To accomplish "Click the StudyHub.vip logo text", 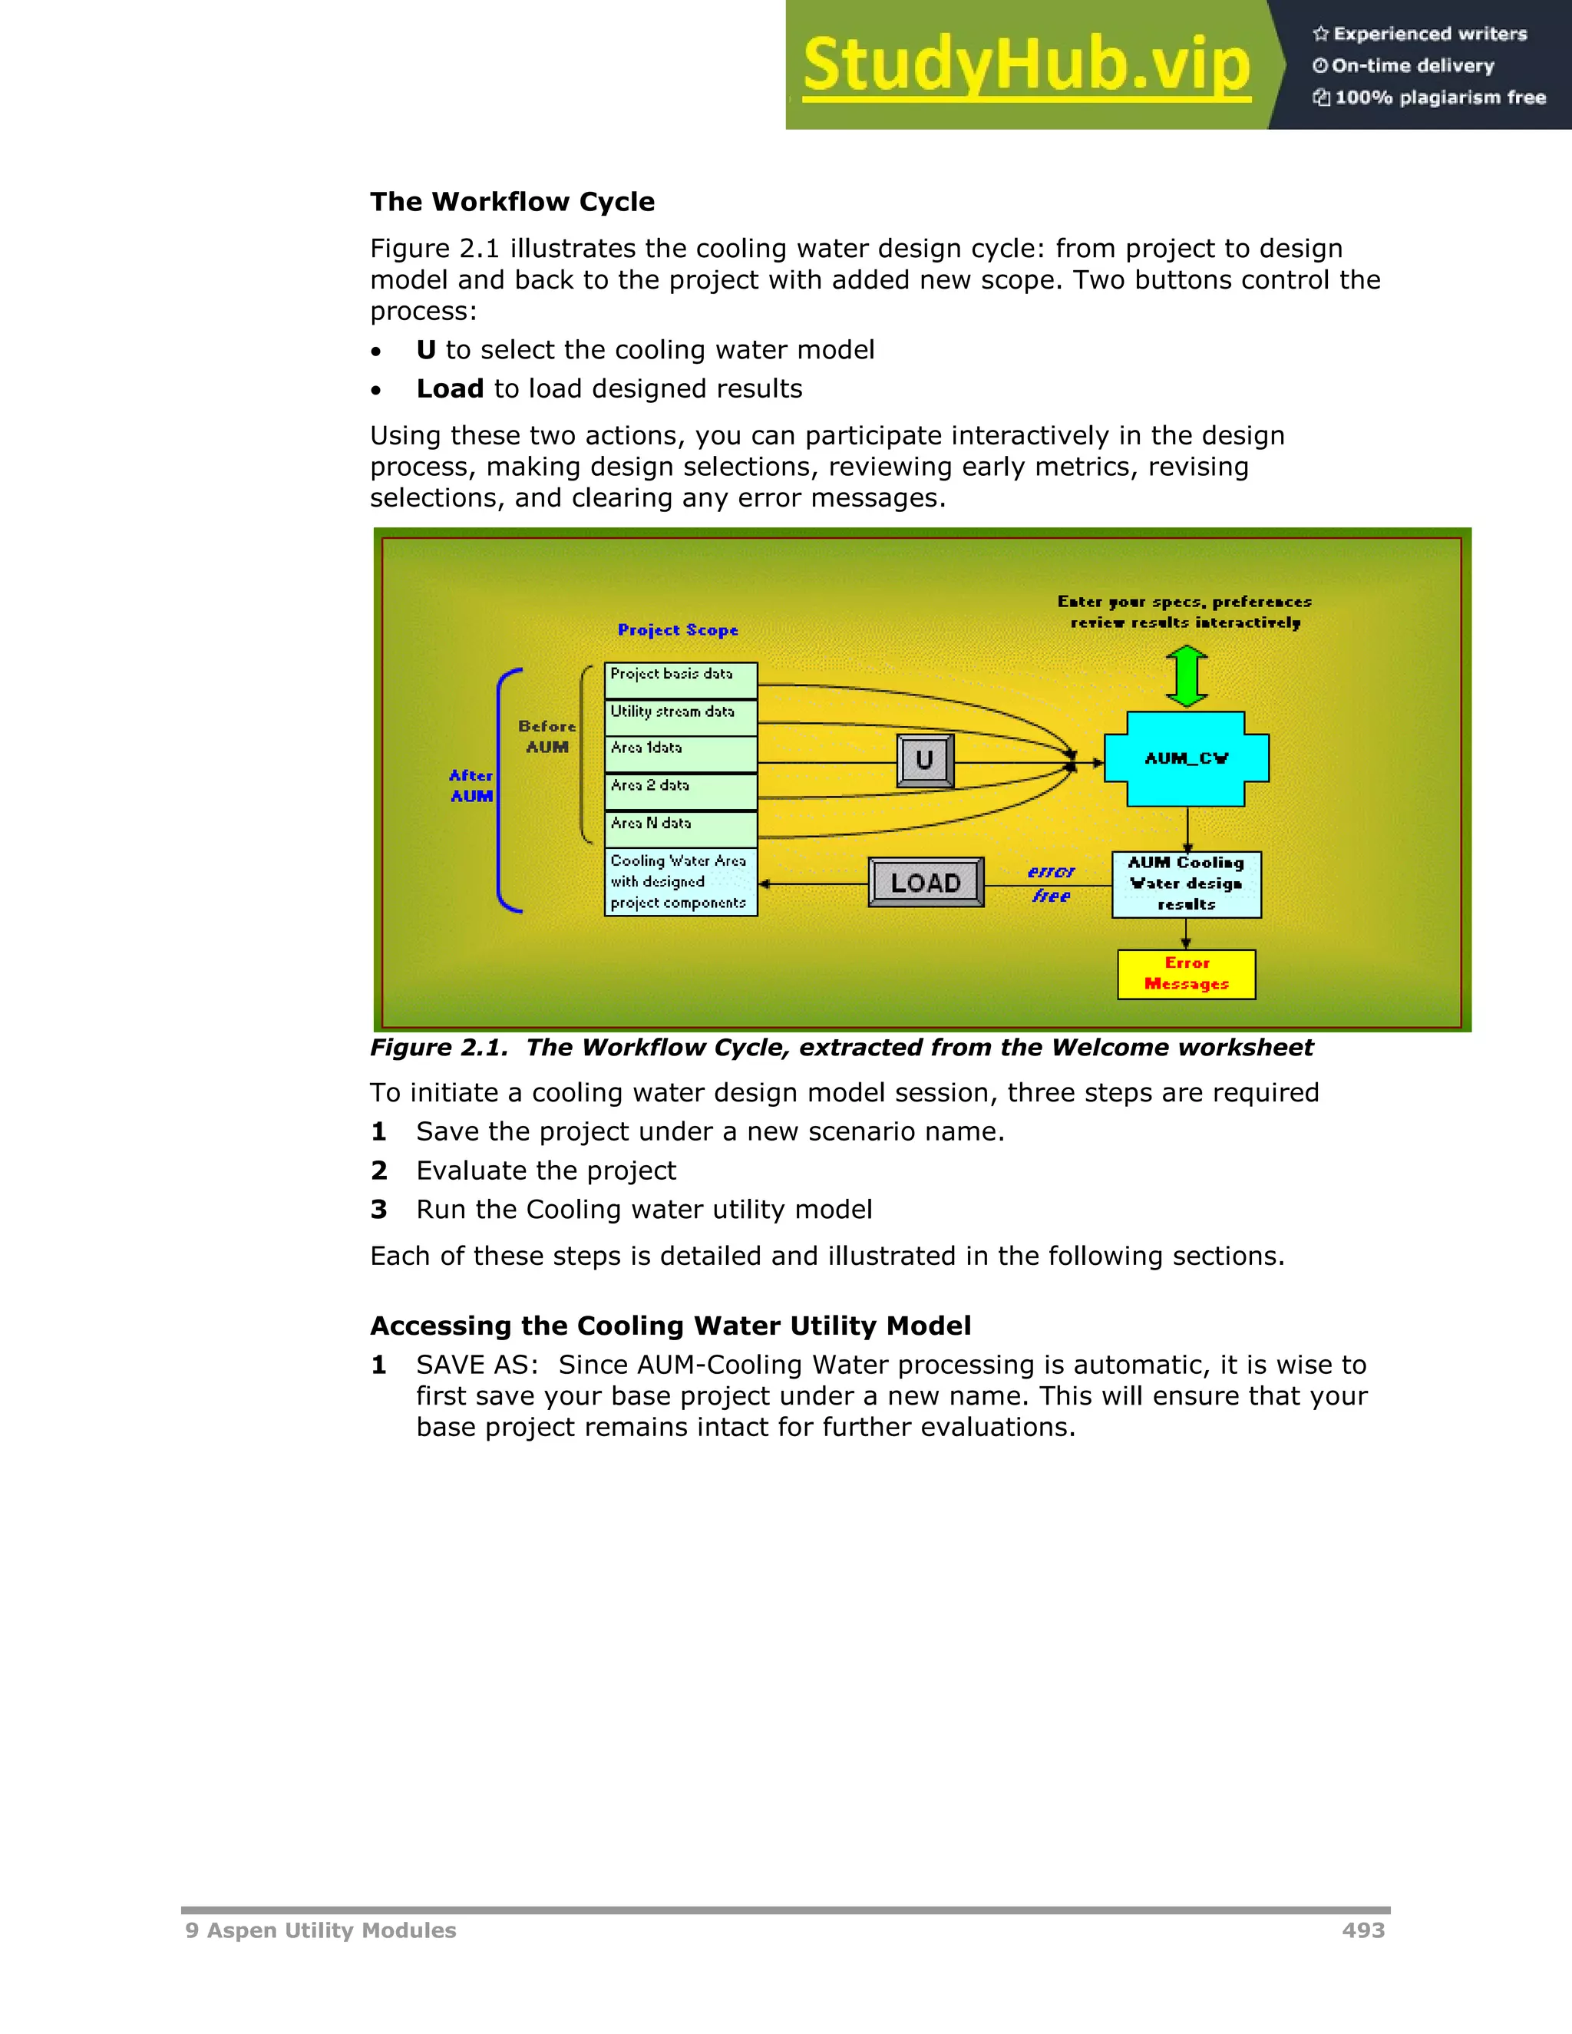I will pos(1025,65).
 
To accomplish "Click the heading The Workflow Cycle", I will pos(512,202).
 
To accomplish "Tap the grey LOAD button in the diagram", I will pos(926,882).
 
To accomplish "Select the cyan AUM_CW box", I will pos(1187,759).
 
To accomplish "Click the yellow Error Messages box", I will pos(1187,974).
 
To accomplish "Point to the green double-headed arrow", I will pos(1187,677).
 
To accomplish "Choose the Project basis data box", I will pos(681,680).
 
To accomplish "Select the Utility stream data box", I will pos(681,717).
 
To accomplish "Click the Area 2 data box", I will pos(681,791).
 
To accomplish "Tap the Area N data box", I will pos(681,828).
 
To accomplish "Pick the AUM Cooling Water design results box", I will pos(1187,883).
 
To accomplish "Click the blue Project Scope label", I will pos(678,630).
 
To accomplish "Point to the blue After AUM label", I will pos(471,785).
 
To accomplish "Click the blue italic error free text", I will pos(1052,883).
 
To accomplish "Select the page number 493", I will pos(1363,1930).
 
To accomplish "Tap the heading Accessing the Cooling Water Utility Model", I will pos(671,1326).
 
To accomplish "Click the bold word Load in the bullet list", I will pos(450,388).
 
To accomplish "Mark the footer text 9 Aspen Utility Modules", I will pos(320,1930).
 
